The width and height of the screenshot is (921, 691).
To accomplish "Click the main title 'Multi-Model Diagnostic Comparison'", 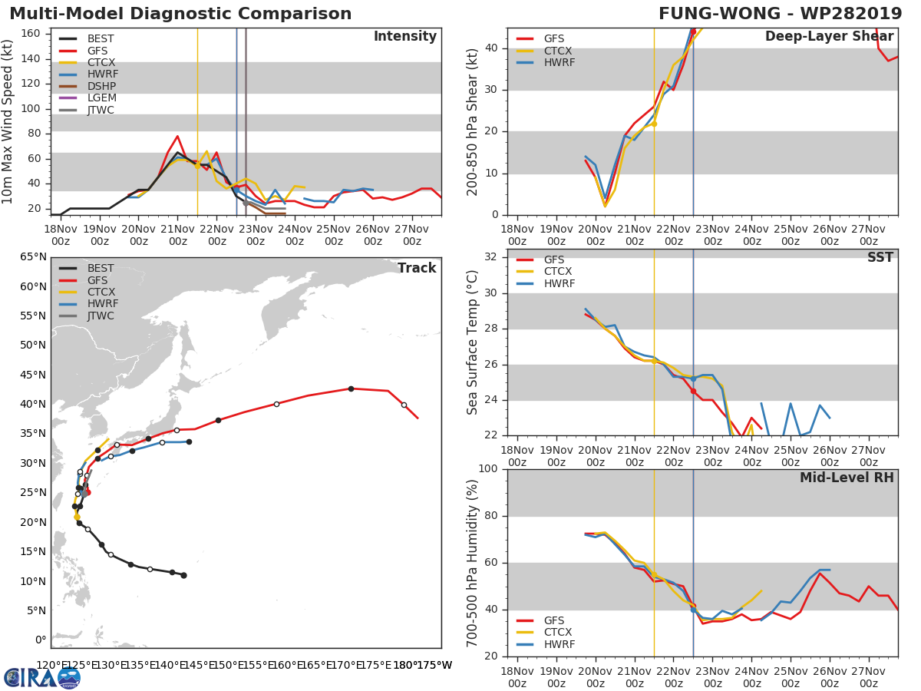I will click(x=180, y=14).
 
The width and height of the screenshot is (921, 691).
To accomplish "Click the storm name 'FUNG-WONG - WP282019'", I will click(x=780, y=14).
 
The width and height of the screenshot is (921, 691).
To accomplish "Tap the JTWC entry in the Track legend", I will click(x=101, y=316).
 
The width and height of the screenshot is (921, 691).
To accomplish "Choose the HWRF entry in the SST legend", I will click(x=559, y=283).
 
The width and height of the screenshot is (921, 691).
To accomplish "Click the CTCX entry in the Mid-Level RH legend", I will click(x=559, y=632).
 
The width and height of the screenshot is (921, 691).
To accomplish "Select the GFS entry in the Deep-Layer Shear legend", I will click(x=554, y=38).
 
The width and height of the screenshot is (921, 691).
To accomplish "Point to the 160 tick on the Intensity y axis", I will click(x=31, y=34).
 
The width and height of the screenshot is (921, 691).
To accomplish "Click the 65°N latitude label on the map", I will click(x=31, y=256).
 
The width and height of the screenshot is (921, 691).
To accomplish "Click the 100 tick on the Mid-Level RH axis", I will click(x=486, y=469).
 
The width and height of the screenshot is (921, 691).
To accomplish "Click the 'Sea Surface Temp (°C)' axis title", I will click(x=473, y=342).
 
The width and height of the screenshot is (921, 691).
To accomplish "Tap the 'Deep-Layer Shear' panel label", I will click(x=829, y=37).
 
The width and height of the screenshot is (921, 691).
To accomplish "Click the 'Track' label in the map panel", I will click(x=416, y=268).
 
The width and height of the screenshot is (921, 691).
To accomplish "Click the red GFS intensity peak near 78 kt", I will click(x=177, y=137).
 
